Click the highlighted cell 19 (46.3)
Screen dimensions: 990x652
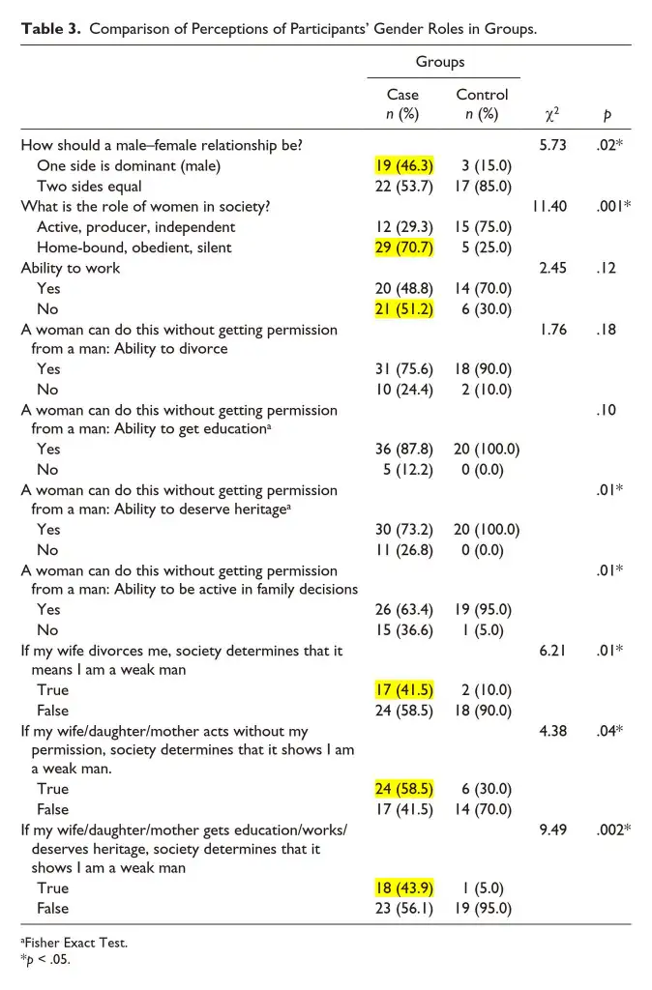coord(403,165)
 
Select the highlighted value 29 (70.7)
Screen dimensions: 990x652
coord(403,247)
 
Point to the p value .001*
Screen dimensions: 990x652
coord(612,206)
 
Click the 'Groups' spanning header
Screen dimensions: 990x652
coord(440,62)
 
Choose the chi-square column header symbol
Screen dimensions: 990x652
coord(551,115)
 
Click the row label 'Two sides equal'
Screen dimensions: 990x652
coord(89,186)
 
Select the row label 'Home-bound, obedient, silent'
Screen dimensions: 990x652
coord(135,247)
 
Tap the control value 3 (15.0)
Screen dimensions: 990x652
coord(482,165)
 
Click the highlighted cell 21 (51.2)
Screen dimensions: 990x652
coord(403,308)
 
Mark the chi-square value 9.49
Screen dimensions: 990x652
coord(552,829)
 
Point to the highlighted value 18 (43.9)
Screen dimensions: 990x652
coord(403,888)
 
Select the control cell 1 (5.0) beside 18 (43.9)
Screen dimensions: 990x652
coord(482,888)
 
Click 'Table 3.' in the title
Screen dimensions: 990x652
coord(50,28)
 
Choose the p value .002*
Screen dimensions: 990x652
coord(612,829)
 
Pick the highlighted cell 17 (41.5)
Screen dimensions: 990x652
coord(403,689)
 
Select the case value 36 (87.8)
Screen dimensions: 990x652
coord(403,449)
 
